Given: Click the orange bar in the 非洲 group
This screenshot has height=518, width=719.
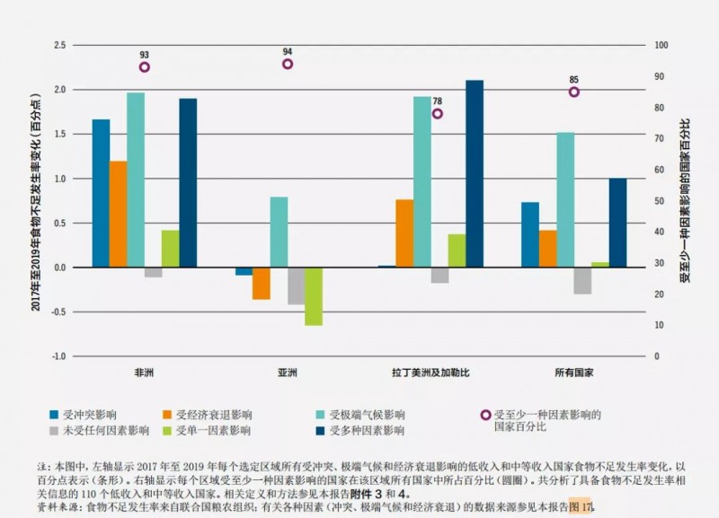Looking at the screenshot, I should pos(118,215).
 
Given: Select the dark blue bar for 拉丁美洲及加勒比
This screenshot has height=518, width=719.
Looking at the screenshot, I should pos(475,174).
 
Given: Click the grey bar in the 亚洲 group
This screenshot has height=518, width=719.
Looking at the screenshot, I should pos(296,286).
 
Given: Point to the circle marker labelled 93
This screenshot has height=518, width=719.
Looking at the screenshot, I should pos(144,67).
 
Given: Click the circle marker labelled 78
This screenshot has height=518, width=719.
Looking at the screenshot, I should pos(438,114).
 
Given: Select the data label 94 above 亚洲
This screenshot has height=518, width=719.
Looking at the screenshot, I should pos(288,51).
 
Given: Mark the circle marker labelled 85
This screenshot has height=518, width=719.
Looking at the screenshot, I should pos(574,92).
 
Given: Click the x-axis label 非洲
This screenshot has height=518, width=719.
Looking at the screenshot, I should pos(144,372).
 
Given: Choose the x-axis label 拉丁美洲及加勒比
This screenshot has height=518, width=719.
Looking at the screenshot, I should pos(430,372).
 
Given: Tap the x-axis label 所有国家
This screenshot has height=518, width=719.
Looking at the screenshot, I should pos(574,372).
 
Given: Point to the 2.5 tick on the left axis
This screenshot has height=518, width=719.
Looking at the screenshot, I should pos(60,45).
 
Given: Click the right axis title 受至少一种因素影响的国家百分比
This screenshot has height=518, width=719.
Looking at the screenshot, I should pos(685,199).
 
